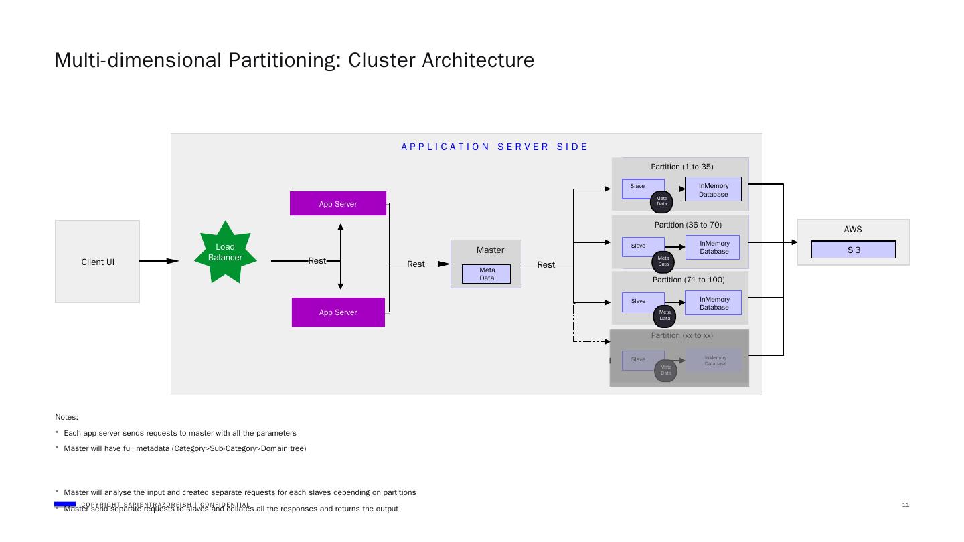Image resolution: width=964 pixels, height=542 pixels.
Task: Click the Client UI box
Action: pyautogui.click(x=97, y=262)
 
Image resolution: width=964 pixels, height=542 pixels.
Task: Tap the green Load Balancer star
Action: pyautogui.click(x=226, y=252)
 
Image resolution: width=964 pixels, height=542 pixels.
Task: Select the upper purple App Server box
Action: pyautogui.click(x=338, y=203)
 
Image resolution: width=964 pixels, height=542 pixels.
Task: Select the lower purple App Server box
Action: pyautogui.click(x=338, y=312)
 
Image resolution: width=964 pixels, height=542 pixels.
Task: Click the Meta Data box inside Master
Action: pyautogui.click(x=486, y=274)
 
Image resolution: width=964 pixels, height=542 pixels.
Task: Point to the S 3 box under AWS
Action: pyautogui.click(x=854, y=250)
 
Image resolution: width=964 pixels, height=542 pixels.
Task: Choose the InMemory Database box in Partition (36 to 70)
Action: pyautogui.click(x=713, y=248)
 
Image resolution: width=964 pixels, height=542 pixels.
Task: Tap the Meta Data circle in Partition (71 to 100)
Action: pyautogui.click(x=665, y=315)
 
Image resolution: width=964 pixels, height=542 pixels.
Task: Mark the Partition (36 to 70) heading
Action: pyautogui.click(x=688, y=225)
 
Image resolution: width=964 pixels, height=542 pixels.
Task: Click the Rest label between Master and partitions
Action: pyautogui.click(x=546, y=265)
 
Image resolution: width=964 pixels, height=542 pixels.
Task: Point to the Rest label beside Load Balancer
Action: pyautogui.click(x=317, y=261)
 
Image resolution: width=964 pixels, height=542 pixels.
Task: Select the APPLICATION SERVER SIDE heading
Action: pyautogui.click(x=495, y=147)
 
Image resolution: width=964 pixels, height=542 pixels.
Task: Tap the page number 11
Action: pyautogui.click(x=906, y=505)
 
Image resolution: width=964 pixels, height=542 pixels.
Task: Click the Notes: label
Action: pyautogui.click(x=67, y=417)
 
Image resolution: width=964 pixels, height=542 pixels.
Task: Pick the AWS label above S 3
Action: pyautogui.click(x=852, y=230)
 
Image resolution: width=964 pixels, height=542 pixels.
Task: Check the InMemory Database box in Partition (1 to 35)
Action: pyautogui.click(x=713, y=189)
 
